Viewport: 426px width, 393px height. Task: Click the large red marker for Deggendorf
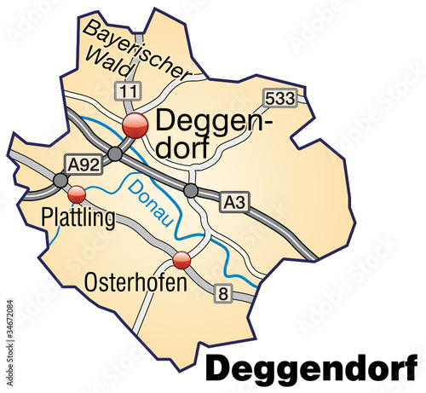[x=135, y=127]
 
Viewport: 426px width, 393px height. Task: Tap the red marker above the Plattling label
[x=77, y=194]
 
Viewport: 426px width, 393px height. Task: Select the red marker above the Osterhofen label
[x=181, y=260]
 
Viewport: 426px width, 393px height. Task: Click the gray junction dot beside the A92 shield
[x=60, y=181]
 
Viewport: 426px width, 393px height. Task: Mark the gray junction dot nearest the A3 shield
[x=192, y=189]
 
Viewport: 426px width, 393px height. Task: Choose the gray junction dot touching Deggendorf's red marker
[x=114, y=154]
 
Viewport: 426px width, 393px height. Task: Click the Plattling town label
[x=78, y=219]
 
